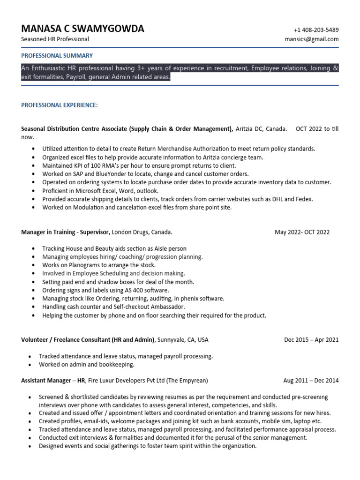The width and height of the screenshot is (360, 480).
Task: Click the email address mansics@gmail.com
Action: pos(312,39)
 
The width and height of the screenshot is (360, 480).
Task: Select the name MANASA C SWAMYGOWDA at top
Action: pos(82,29)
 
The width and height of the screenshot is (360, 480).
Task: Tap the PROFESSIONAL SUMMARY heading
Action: pos(57,55)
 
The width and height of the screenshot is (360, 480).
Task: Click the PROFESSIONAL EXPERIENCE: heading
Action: pos(60,105)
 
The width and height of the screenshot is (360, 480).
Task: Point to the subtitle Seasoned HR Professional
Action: pos(55,39)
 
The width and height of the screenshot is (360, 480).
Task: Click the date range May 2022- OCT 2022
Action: pos(302,232)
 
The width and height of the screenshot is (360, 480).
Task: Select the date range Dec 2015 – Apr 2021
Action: pos(311,340)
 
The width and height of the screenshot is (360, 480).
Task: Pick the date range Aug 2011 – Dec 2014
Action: pos(311,380)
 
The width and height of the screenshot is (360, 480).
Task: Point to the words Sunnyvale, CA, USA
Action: pos(183,340)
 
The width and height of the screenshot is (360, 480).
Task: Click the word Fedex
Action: pos(304,199)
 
